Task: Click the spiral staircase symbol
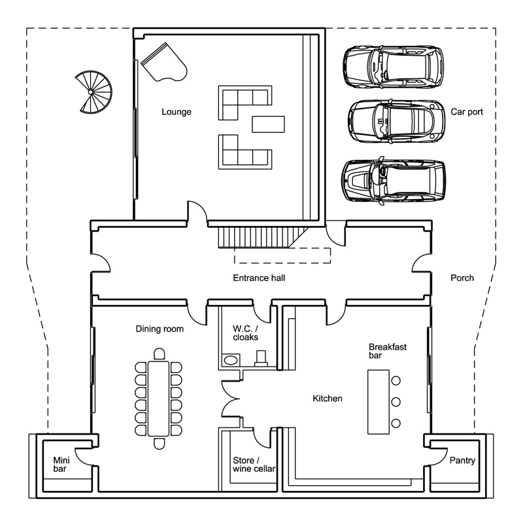coord(93,92)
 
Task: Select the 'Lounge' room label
coord(177,112)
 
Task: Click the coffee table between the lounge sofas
coord(268,124)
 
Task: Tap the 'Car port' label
coord(467,112)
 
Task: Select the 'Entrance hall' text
coord(259,278)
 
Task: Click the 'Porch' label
coord(462,278)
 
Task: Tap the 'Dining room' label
coord(160,329)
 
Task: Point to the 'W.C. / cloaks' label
coord(246,333)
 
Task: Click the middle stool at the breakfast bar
coord(396,401)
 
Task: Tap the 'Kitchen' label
coord(327,398)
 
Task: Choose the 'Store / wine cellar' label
coord(254,464)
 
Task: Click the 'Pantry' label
coord(462,460)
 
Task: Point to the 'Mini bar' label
coord(61,464)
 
